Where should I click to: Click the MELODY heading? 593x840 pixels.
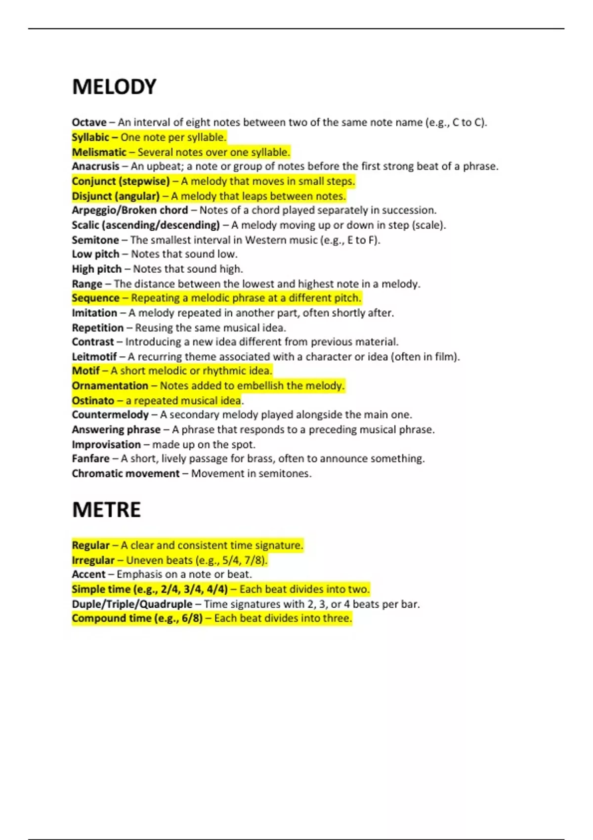(114, 87)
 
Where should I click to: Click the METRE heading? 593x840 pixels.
(106, 510)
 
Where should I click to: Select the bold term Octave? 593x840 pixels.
(89, 123)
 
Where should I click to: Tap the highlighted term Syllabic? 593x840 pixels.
(90, 137)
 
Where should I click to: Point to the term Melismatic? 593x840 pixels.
(99, 152)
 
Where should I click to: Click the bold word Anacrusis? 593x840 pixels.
(95, 167)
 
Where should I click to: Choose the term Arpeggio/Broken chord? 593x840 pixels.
(129, 210)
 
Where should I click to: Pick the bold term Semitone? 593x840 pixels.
(95, 240)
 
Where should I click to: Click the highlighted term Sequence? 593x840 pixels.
(95, 298)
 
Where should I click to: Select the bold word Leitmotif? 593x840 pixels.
(94, 357)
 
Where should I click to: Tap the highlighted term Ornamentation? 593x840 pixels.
(110, 386)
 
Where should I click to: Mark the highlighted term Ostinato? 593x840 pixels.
(93, 401)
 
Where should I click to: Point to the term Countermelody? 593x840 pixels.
(110, 415)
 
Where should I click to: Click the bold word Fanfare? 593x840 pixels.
(90, 459)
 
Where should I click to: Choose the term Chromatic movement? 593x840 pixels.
(126, 473)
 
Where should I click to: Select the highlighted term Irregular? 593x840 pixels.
(93, 560)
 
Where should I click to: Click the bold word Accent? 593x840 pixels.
(88, 575)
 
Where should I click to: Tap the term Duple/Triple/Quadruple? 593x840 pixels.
(132, 604)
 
